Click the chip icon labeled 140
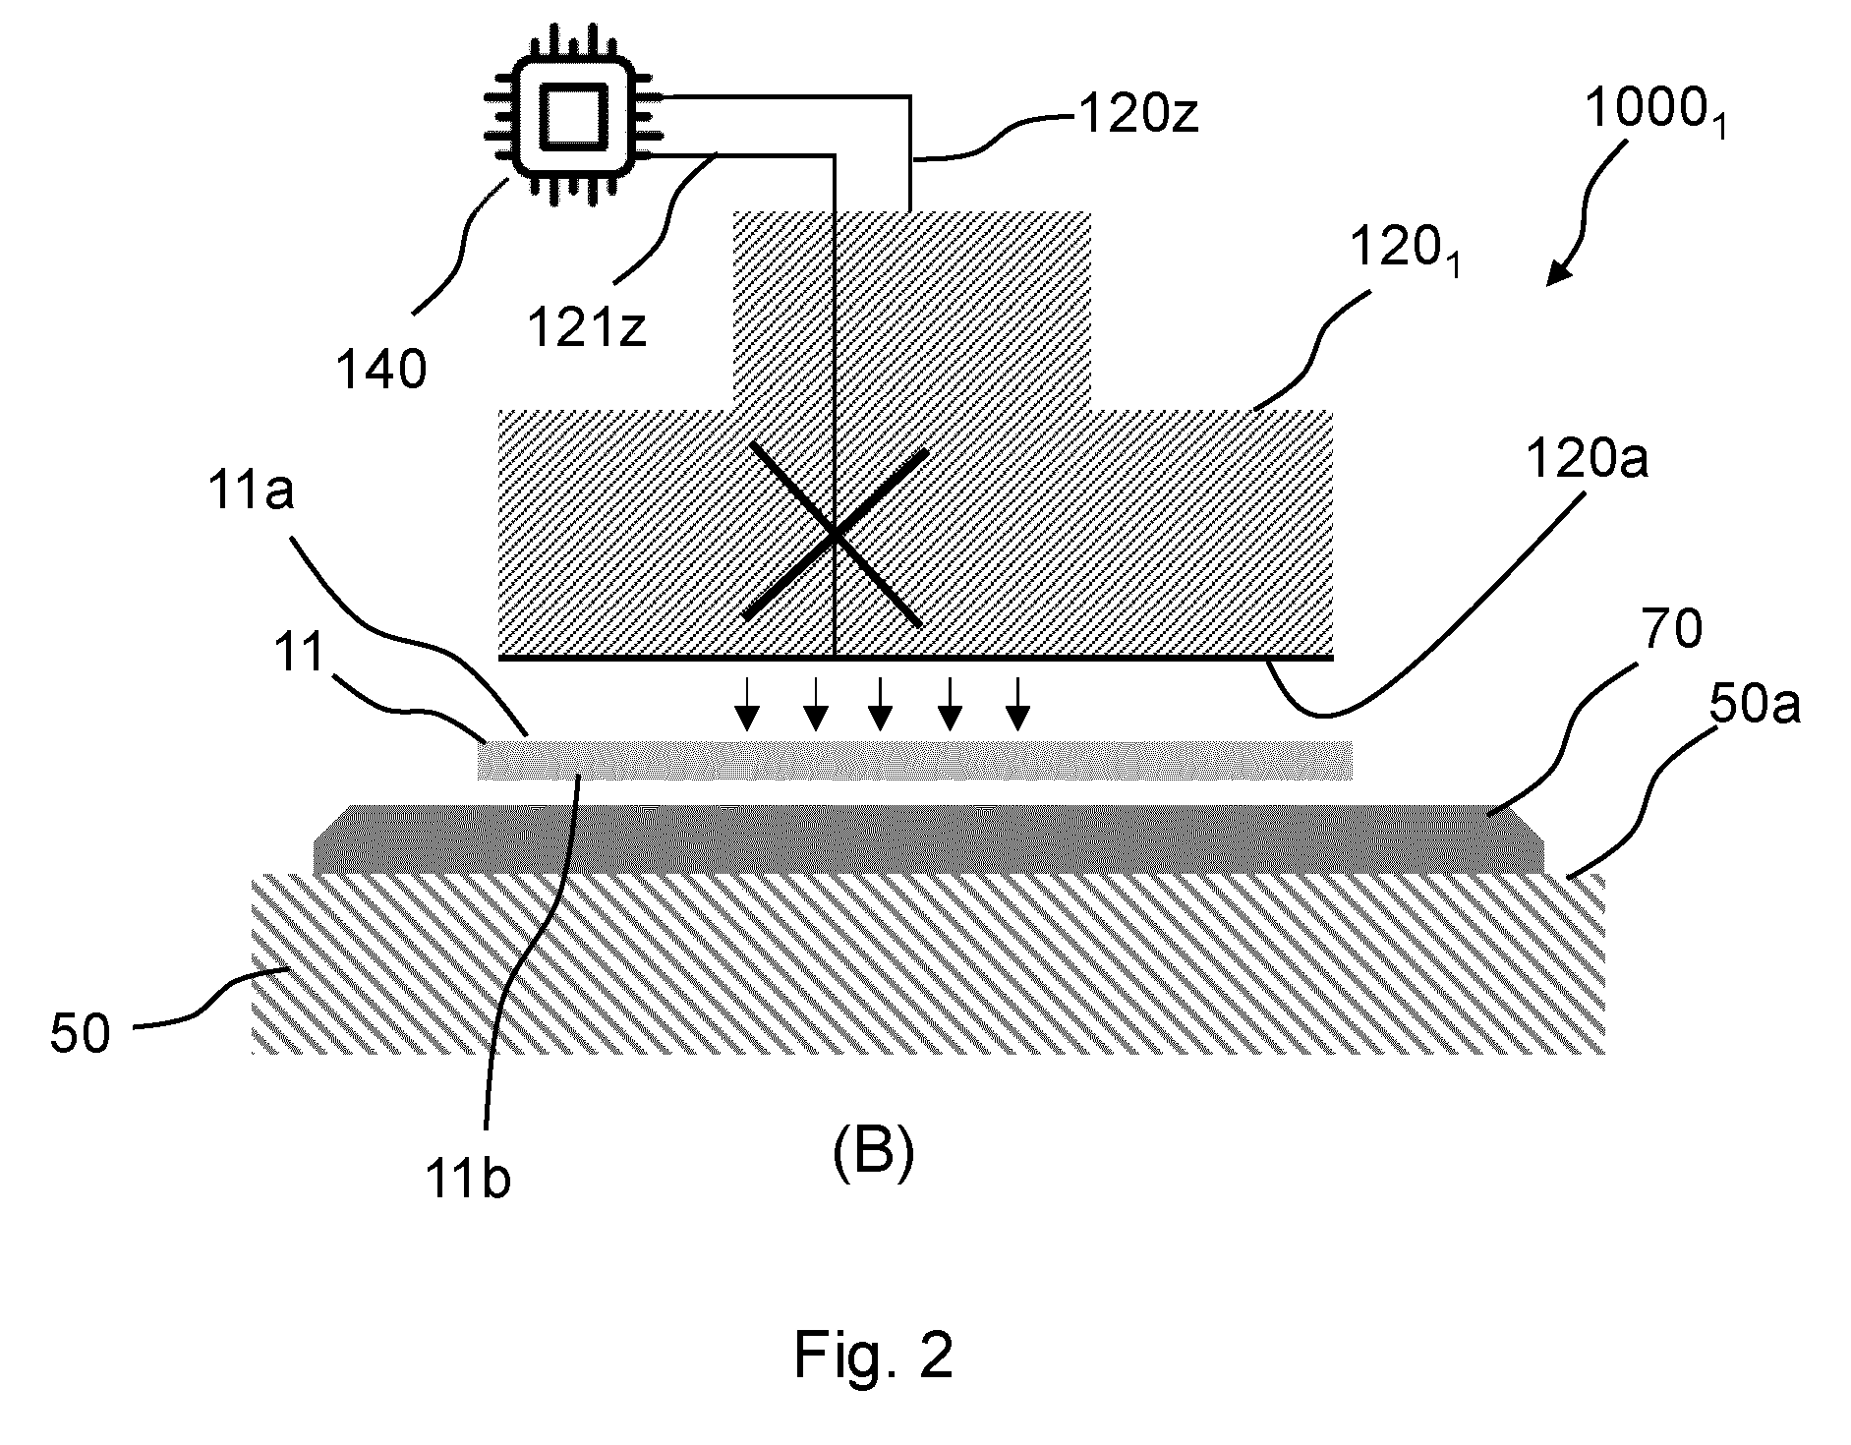(571, 123)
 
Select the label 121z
(586, 326)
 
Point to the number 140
(381, 371)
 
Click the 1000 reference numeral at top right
(1655, 114)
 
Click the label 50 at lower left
(81, 1035)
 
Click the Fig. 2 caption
(873, 1355)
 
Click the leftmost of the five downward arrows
(748, 705)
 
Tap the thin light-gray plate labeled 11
(914, 760)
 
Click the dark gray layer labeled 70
(928, 839)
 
